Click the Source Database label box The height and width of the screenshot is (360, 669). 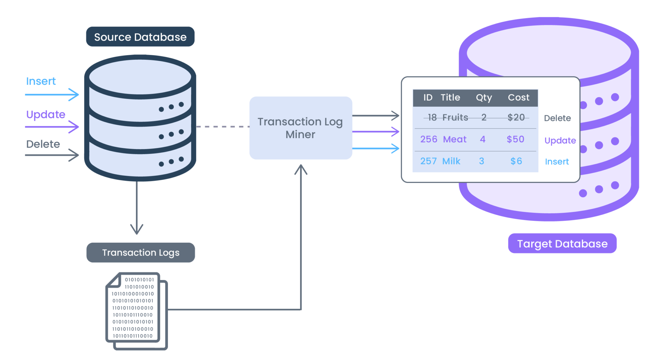[x=140, y=37]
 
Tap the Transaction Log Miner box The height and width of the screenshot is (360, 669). [x=301, y=128]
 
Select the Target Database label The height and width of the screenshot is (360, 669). [x=562, y=243]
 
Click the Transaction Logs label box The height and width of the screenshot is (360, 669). [x=140, y=253]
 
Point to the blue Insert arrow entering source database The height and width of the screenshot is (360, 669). [x=52, y=95]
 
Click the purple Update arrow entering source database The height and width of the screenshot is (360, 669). [x=52, y=127]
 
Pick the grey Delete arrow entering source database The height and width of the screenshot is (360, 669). [x=52, y=155]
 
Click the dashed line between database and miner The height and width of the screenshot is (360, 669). [x=222, y=126]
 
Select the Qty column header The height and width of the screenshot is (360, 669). [x=484, y=97]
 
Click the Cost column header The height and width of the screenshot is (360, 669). [x=518, y=97]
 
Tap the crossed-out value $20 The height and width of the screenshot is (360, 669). [x=516, y=117]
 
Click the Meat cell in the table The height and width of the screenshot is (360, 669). [x=455, y=139]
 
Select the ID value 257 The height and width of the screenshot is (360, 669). [x=428, y=161]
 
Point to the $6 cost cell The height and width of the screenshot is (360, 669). [x=516, y=161]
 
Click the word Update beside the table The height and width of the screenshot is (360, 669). [x=560, y=140]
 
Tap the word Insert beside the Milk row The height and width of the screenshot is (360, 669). [x=557, y=161]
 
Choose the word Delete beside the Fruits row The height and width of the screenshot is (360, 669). [x=557, y=118]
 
